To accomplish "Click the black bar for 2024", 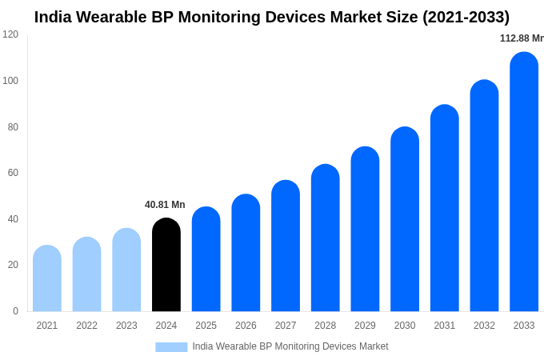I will (x=166, y=265).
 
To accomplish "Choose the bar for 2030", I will (x=405, y=219).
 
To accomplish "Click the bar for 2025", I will (x=206, y=259).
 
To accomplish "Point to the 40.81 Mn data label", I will (x=165, y=205).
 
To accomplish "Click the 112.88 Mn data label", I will (x=521, y=38).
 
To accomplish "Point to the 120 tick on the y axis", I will (x=10, y=34).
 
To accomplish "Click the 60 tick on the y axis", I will (x=13, y=173).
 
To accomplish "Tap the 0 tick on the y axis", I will (x=15, y=311).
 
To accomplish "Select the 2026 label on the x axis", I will (x=246, y=326).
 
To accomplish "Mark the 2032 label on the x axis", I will (x=484, y=326).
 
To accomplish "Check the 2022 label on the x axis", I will (x=86, y=326).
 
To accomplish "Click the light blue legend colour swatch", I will (x=171, y=347).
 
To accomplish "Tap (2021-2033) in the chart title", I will (x=466, y=17).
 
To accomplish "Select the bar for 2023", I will (x=126, y=270).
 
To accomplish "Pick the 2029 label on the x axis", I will (x=365, y=326).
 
